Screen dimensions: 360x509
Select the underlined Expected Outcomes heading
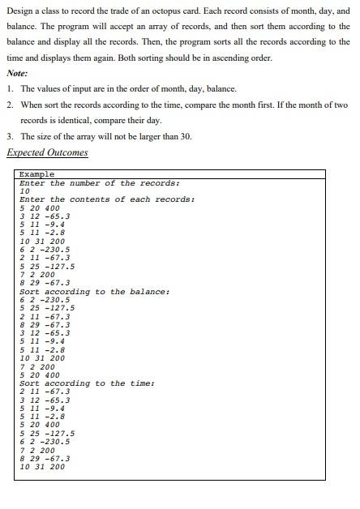[47, 152]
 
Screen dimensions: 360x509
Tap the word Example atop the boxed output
[36, 174]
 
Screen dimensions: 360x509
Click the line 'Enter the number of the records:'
[99, 183]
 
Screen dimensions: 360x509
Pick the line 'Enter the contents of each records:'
[107, 199]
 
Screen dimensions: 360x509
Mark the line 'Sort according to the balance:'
[95, 291]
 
